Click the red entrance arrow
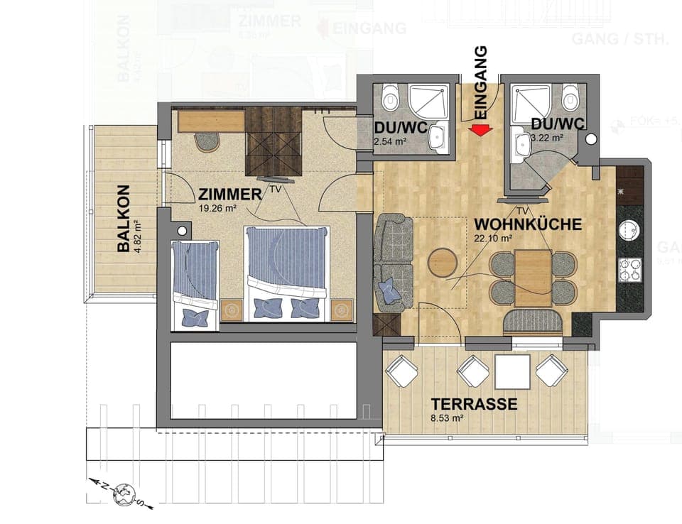[x=481, y=130]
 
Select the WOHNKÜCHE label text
[x=528, y=224]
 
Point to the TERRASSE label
[x=474, y=405]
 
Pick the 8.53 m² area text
[x=447, y=419]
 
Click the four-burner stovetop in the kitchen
[x=629, y=270]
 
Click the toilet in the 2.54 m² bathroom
[x=390, y=98]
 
